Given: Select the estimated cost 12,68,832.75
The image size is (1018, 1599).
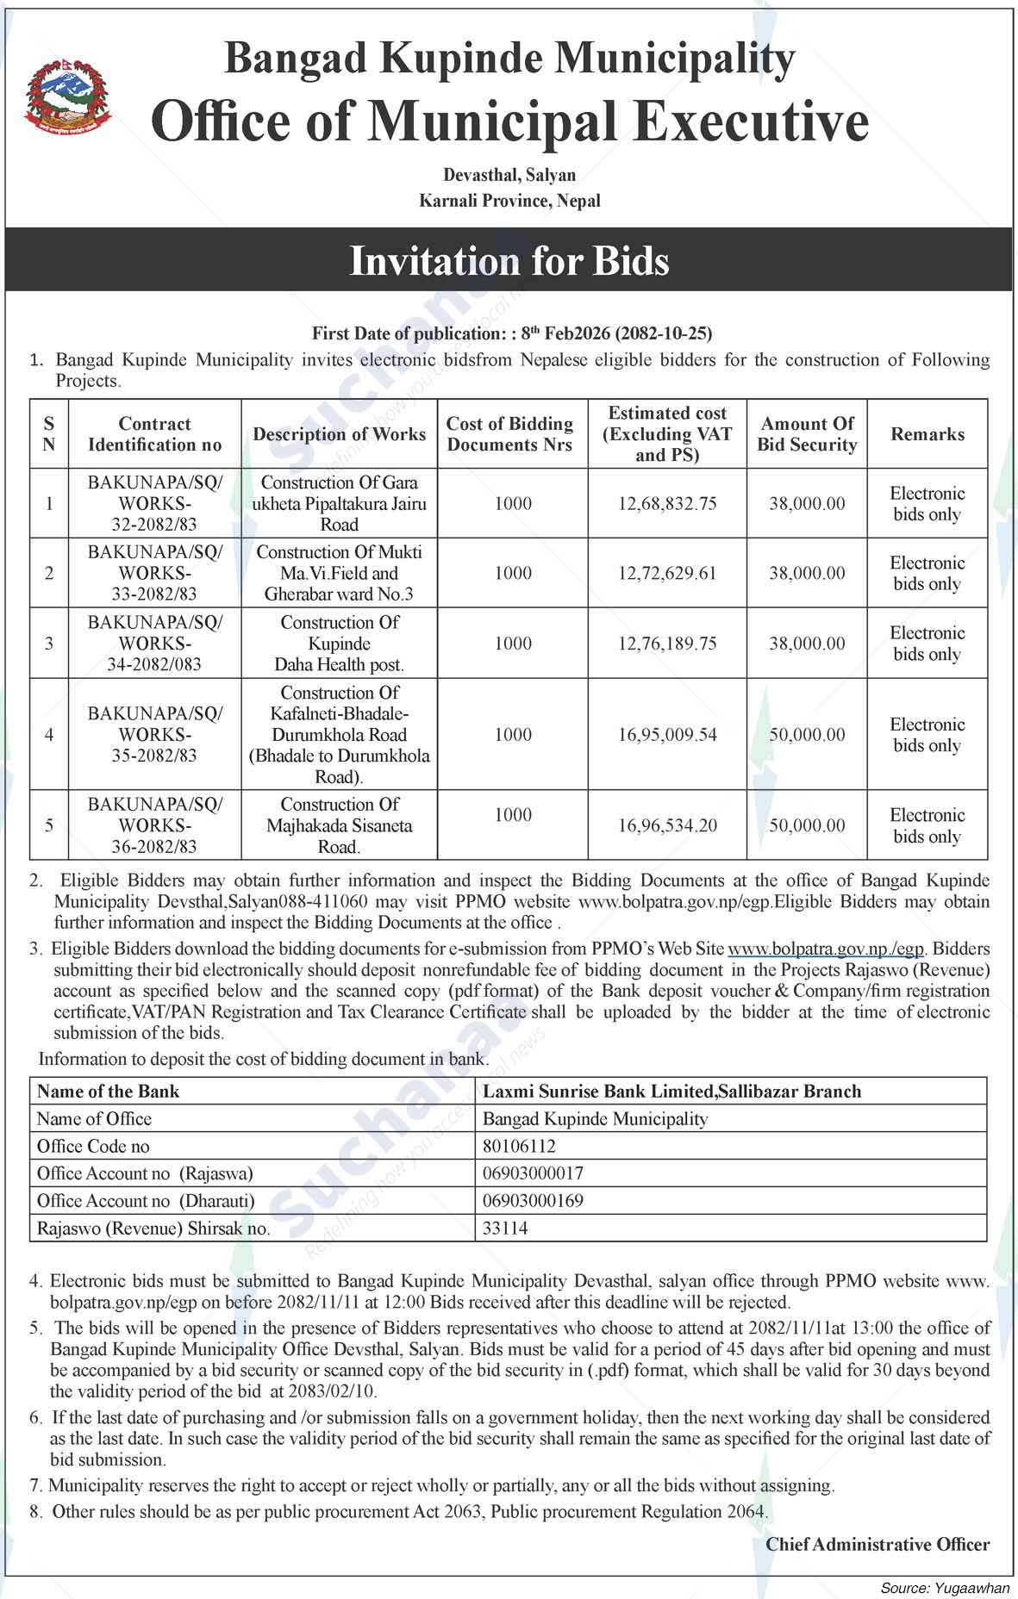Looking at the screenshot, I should point(667,503).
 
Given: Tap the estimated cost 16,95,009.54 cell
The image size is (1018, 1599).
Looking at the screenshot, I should point(667,735).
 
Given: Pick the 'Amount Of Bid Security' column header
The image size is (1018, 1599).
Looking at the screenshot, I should point(807,434).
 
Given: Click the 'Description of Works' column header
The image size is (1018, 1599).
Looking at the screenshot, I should point(339,434).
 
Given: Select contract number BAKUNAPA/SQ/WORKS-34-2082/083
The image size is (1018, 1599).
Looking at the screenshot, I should point(155,644).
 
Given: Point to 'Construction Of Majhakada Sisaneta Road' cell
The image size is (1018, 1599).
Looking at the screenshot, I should point(339,825).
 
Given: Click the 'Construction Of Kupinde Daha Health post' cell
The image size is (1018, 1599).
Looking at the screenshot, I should point(339,644).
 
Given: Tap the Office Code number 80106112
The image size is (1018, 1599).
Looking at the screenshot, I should point(519,1146).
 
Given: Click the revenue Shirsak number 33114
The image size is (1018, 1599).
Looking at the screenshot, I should point(505,1229).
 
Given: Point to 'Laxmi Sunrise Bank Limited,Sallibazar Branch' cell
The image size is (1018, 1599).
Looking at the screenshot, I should point(671,1092).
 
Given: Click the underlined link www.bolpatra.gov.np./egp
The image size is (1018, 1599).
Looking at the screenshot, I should point(826,949).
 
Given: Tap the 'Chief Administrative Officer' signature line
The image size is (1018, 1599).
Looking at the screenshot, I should point(877,1545).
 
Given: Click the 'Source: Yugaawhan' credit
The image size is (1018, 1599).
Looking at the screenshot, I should point(945,1587).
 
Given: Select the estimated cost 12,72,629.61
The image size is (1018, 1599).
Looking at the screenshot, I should point(667,573).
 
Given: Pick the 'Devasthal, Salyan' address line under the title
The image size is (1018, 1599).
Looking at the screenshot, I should point(509,175).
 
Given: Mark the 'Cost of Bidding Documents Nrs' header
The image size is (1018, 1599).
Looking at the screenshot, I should point(510,434).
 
